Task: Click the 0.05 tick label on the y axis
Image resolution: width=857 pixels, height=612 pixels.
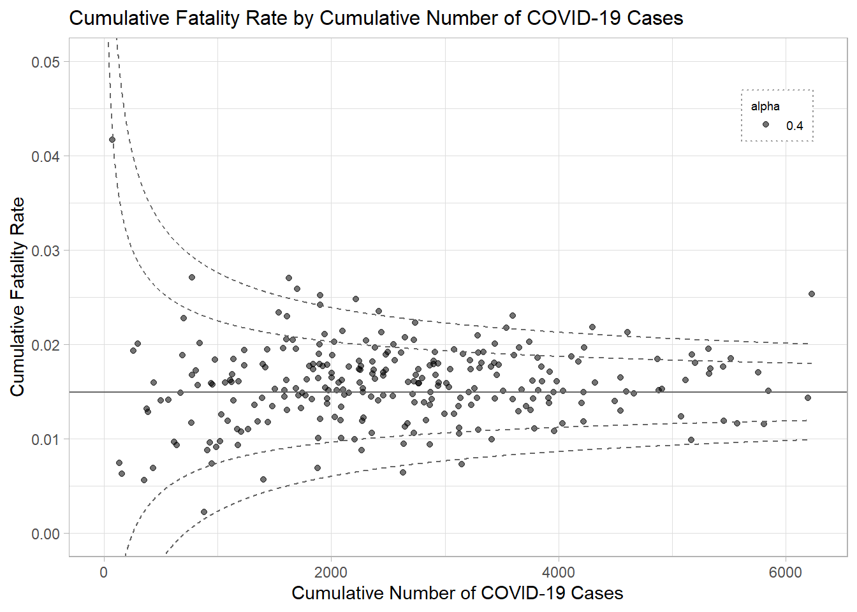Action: pos(45,62)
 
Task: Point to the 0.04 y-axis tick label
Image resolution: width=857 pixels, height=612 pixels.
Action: pos(45,157)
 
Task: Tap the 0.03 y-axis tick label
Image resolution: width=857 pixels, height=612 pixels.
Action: pos(45,251)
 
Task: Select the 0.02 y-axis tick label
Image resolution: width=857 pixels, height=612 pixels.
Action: pos(45,346)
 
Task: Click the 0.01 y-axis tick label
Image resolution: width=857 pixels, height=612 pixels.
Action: pos(45,440)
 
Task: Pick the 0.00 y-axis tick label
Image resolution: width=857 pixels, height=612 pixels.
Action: pos(45,534)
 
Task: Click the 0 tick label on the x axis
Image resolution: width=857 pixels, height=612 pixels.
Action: pos(104,572)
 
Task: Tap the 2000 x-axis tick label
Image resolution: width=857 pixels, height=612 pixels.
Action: pos(331,572)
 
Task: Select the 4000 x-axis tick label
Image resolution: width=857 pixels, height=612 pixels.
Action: pos(558,572)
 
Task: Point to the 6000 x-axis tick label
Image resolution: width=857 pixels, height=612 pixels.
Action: pos(785,572)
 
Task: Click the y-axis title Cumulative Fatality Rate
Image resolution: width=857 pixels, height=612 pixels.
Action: pos(17,296)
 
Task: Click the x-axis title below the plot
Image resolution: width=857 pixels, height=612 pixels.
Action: pos(457,594)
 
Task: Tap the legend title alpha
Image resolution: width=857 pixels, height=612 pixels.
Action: pos(765,106)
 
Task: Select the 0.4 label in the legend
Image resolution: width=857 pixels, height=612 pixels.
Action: pos(795,126)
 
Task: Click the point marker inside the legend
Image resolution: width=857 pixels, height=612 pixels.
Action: pos(766,125)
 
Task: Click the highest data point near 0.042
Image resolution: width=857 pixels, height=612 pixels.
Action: pos(112,140)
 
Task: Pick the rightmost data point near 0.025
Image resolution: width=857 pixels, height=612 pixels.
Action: pos(812,294)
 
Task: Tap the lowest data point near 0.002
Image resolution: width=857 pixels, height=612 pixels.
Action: pos(204,512)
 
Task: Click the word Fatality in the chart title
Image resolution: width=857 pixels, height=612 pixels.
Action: pos(200,18)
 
